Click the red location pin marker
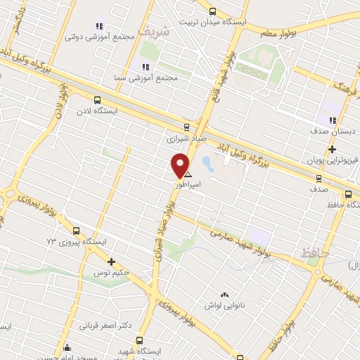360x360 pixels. (181, 165)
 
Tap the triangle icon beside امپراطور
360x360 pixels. (188, 173)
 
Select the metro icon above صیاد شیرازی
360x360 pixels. (186, 127)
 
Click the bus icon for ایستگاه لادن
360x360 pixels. (97, 100)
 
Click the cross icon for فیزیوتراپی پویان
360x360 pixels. (332, 149)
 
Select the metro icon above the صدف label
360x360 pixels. (320, 179)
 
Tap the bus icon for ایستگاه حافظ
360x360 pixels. (348, 195)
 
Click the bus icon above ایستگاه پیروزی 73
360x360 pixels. (76, 231)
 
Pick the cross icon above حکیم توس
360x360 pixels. (111, 262)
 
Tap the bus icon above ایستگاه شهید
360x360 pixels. (139, 340)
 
